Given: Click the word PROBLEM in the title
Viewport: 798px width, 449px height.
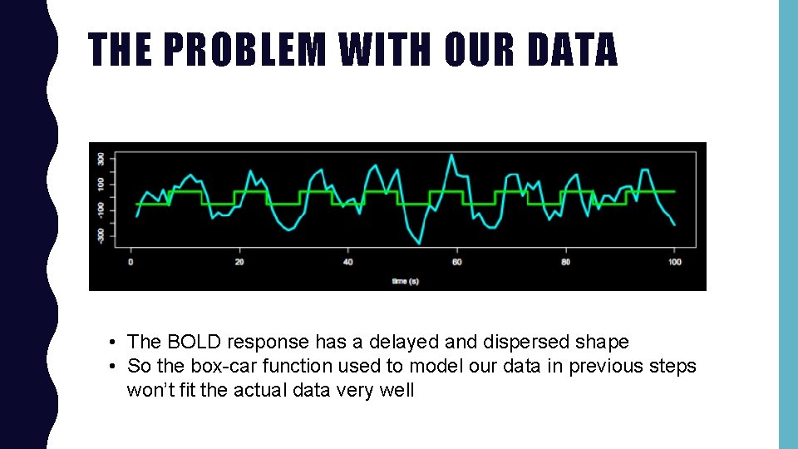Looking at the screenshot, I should click(244, 49).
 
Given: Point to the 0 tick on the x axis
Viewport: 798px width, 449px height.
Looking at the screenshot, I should click(131, 263).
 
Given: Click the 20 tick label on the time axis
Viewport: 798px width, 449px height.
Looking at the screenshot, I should click(239, 263).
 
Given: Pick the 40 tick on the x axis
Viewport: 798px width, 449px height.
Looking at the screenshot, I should click(348, 263).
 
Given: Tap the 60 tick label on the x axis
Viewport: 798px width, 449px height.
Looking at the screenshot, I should click(456, 263).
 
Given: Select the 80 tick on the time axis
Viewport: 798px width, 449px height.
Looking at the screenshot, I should click(565, 263).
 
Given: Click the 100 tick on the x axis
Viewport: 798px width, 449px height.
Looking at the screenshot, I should click(674, 263).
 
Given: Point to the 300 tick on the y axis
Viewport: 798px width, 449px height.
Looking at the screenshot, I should click(101, 158).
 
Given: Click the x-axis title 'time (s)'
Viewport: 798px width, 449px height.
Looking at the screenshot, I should click(405, 281).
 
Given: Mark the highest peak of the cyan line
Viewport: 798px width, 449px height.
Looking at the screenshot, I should click(451, 155).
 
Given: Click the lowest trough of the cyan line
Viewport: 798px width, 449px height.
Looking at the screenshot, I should click(419, 243).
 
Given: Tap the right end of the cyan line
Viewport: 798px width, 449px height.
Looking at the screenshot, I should click(674, 224).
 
